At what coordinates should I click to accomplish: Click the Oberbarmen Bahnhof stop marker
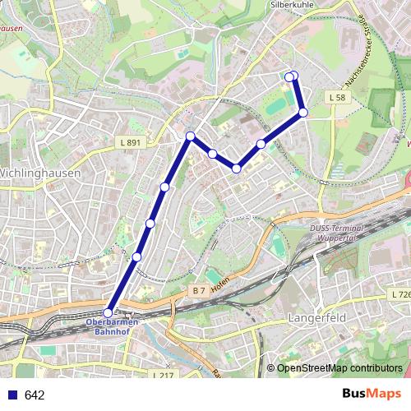click(108, 312)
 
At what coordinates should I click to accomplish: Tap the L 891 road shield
click(129, 143)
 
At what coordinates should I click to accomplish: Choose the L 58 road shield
click(335, 98)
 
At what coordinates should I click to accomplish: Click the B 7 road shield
click(197, 290)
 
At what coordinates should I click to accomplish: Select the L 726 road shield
click(400, 294)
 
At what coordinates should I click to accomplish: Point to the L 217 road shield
click(164, 375)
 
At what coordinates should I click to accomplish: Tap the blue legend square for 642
click(11, 395)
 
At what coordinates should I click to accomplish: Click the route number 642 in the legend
click(35, 395)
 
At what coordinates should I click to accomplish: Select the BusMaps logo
click(372, 394)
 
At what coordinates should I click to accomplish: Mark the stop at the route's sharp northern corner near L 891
click(190, 136)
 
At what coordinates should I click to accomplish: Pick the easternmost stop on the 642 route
click(303, 112)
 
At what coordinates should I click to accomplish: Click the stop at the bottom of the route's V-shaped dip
click(236, 169)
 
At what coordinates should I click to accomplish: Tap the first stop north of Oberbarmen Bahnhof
click(136, 257)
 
